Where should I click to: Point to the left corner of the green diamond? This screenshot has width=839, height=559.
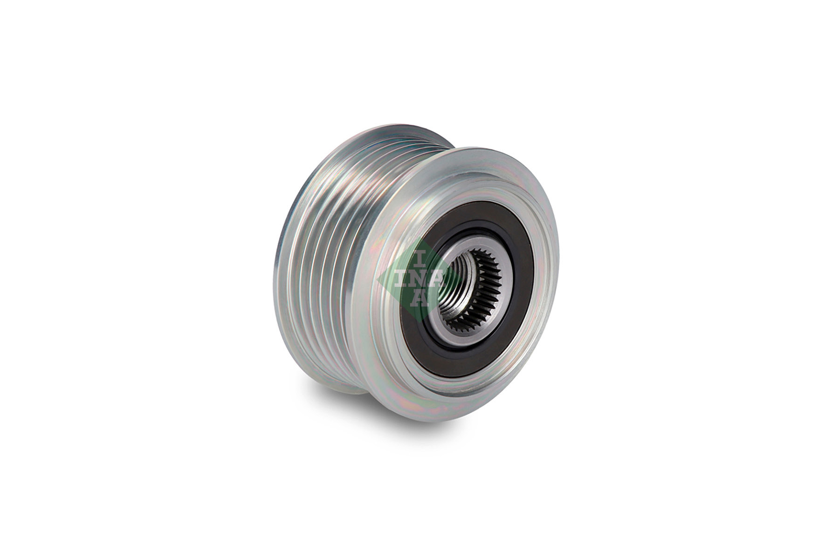click(x=378, y=278)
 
